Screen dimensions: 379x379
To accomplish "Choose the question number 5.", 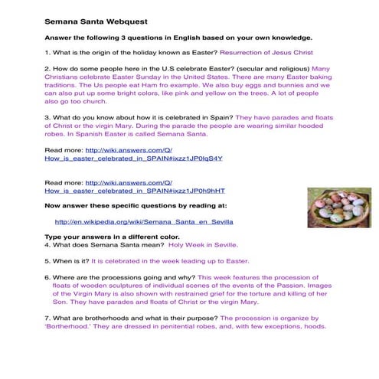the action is click(47, 260).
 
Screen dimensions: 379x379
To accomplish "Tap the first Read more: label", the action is click(64, 150).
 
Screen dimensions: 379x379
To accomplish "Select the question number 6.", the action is click(47, 276).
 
